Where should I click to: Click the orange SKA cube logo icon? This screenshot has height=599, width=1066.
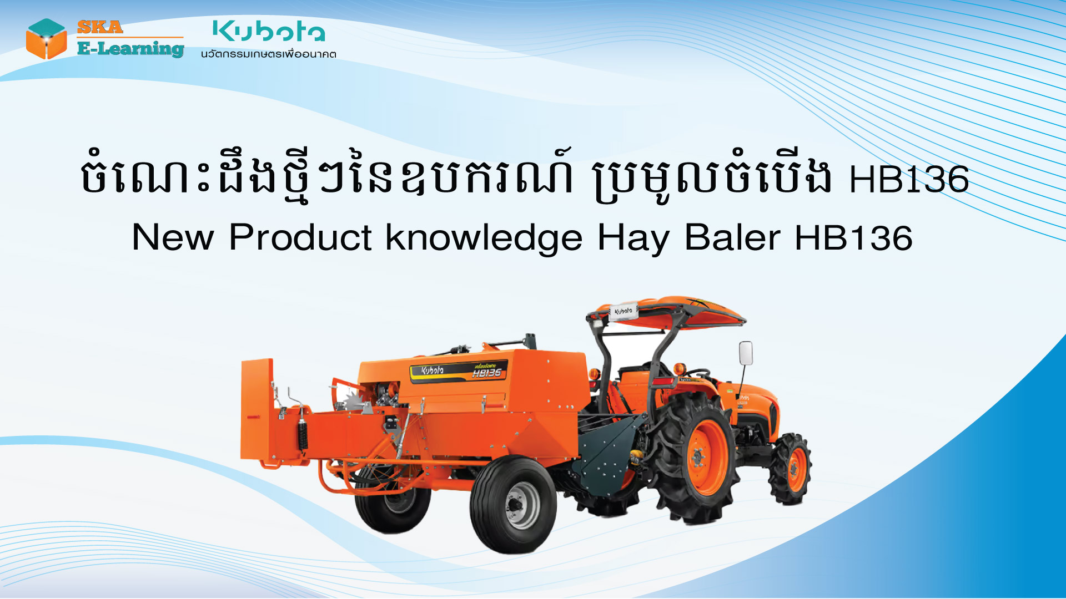47,39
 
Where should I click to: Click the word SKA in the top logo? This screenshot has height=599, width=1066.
100,27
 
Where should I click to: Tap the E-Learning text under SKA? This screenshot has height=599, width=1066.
130,49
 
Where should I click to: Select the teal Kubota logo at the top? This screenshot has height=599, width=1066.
269,31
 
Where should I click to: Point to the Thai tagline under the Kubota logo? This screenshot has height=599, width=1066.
269,54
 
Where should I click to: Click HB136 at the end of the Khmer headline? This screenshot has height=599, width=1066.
909,179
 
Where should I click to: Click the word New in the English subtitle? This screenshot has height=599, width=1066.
173,237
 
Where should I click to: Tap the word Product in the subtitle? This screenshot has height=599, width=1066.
300,237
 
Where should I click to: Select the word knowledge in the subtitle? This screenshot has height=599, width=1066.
484,238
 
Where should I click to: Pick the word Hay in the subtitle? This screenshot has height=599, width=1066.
633,238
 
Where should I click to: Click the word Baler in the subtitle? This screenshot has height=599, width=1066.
732,237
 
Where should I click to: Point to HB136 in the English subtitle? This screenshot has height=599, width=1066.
853,237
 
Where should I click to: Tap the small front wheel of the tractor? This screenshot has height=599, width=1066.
791,469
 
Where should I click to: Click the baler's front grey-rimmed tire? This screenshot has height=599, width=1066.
514,505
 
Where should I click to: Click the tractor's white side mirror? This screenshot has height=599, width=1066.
746,353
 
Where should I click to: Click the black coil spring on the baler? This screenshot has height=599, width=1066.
302,433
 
